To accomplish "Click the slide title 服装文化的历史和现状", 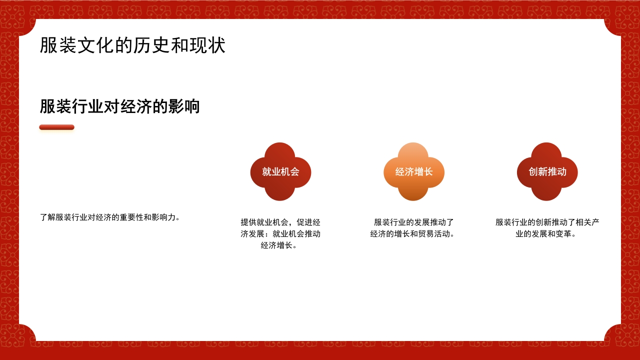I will pyautogui.click(x=132, y=45).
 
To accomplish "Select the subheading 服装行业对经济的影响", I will pyautogui.click(x=119, y=106).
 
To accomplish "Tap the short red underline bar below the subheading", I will pyautogui.click(x=56, y=127).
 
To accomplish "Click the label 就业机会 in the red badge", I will pyautogui.click(x=280, y=172).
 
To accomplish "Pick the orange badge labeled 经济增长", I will pyautogui.click(x=413, y=172).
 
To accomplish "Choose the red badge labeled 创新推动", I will pyautogui.click(x=547, y=172).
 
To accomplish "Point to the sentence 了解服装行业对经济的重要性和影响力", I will pyautogui.click(x=109, y=217).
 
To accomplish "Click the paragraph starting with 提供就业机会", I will pyautogui.click(x=280, y=233).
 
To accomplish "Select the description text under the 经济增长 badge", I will pyautogui.click(x=413, y=228).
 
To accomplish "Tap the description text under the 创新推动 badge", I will pyautogui.click(x=547, y=228).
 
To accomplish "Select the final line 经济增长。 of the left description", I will pyautogui.click(x=279, y=245).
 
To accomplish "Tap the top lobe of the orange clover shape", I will pyautogui.click(x=413, y=152).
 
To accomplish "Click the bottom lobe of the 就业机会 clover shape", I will pyautogui.click(x=280, y=192).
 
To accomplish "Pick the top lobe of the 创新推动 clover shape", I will pyautogui.click(x=547, y=152).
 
